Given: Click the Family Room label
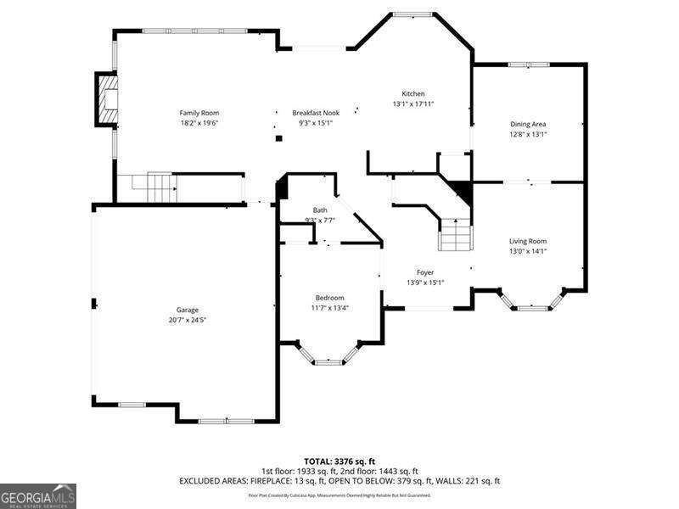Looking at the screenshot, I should click(199, 113).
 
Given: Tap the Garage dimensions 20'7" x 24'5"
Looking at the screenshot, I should click(187, 321).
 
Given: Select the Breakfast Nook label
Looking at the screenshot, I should click(316, 113).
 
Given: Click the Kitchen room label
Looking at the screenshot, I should click(413, 93).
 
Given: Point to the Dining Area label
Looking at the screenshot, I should click(528, 124).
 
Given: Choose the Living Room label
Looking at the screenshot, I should click(528, 241).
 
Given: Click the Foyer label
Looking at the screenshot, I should click(425, 272).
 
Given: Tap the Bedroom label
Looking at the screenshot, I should click(329, 298).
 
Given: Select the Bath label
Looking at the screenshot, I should click(320, 210).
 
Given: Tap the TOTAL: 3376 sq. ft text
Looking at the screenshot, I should click(339, 461).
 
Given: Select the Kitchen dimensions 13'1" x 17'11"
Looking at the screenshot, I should click(413, 103).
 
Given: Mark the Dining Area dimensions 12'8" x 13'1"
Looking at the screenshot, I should click(528, 134).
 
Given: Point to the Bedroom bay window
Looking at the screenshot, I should click(328, 360).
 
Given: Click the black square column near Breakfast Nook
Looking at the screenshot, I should click(278, 138).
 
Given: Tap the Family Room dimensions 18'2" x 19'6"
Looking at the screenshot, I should click(199, 123).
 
